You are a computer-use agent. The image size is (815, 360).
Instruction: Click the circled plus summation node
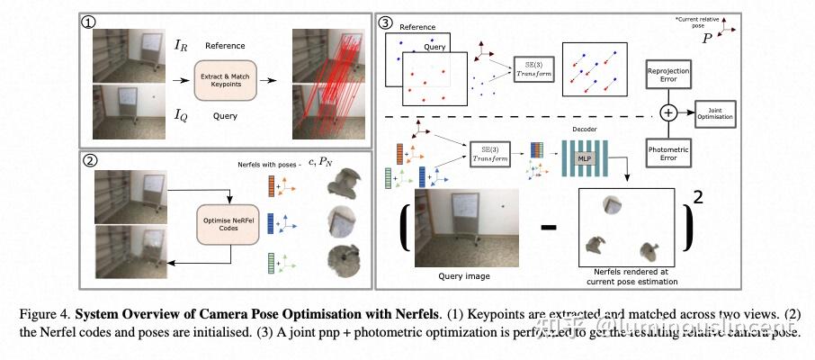click(x=667, y=112)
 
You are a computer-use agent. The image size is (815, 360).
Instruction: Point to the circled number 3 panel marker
click(x=385, y=22)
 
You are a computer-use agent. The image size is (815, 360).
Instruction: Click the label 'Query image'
click(x=466, y=275)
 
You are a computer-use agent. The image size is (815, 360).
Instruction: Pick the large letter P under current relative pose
click(x=708, y=40)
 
